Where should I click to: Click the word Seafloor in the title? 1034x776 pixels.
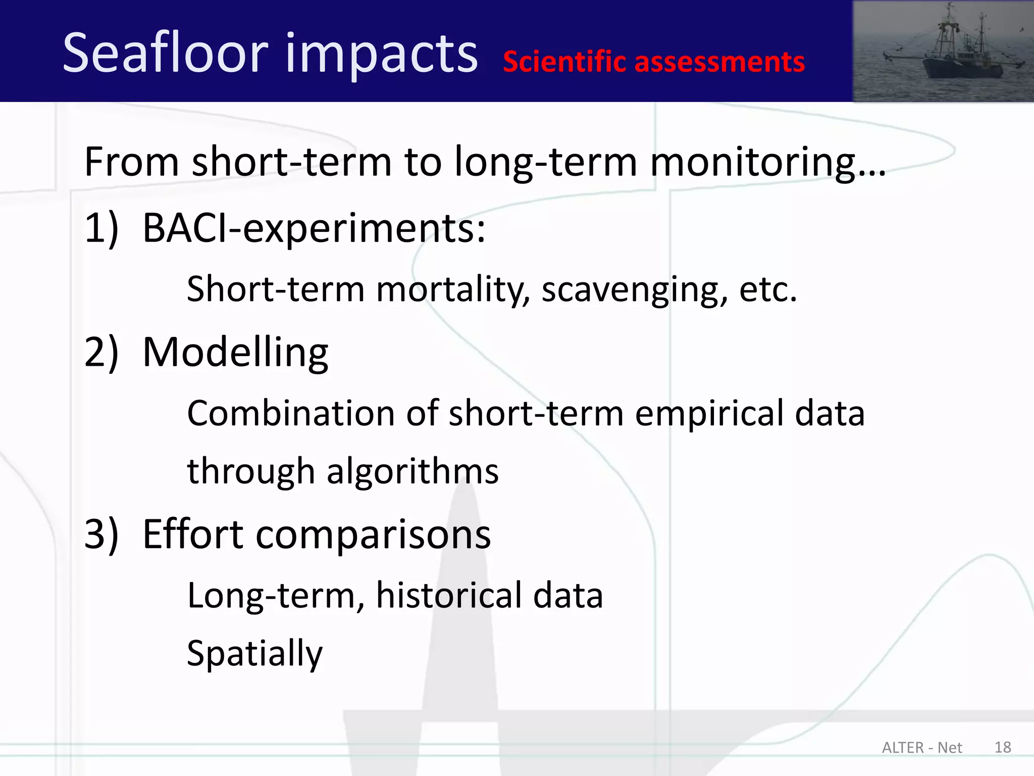pos(165,53)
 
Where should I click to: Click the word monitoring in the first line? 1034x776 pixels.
pos(752,162)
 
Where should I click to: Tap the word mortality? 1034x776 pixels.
pos(453,290)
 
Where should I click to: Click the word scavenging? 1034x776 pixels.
pos(635,290)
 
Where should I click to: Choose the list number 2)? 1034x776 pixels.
pos(101,352)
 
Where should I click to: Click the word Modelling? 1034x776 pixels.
pos(235,352)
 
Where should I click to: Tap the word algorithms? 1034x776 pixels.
pos(412,471)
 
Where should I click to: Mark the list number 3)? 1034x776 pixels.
pos(101,535)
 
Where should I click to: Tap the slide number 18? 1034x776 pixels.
pos(1003,747)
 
